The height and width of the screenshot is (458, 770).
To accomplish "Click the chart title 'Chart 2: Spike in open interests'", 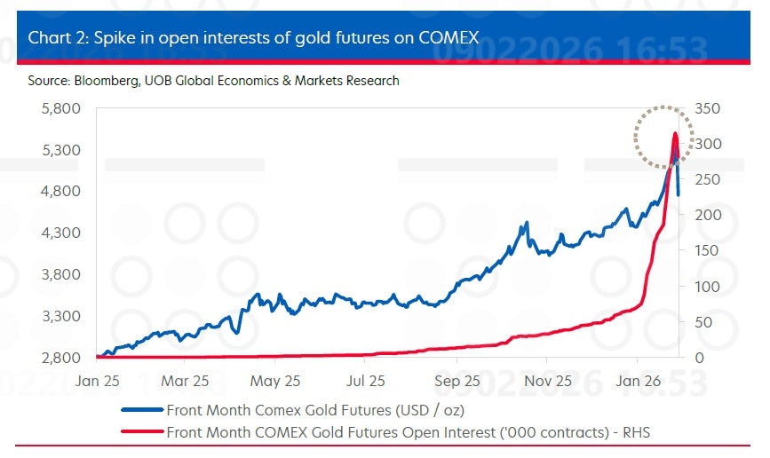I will [253, 37].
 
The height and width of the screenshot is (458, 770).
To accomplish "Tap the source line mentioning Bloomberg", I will [213, 81].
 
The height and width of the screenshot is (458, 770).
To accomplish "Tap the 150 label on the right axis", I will [702, 250].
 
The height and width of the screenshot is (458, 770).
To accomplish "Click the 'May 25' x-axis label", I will [276, 382].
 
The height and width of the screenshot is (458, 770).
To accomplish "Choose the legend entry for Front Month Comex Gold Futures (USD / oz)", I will [314, 410].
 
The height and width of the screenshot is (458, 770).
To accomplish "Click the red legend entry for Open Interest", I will [414, 432].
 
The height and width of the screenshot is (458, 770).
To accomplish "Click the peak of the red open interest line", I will [675, 134].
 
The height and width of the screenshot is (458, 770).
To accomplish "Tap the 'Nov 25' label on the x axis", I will [548, 382].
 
